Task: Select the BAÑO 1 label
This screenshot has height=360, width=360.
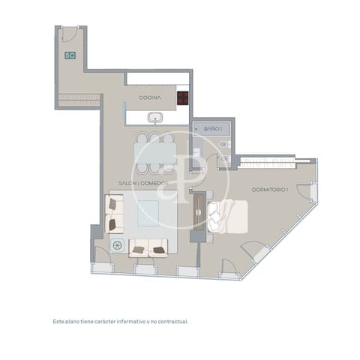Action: [213, 129]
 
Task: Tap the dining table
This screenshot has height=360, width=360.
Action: [156, 154]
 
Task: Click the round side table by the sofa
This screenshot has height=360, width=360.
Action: [116, 244]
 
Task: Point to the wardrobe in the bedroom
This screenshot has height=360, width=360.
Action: [270, 160]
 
